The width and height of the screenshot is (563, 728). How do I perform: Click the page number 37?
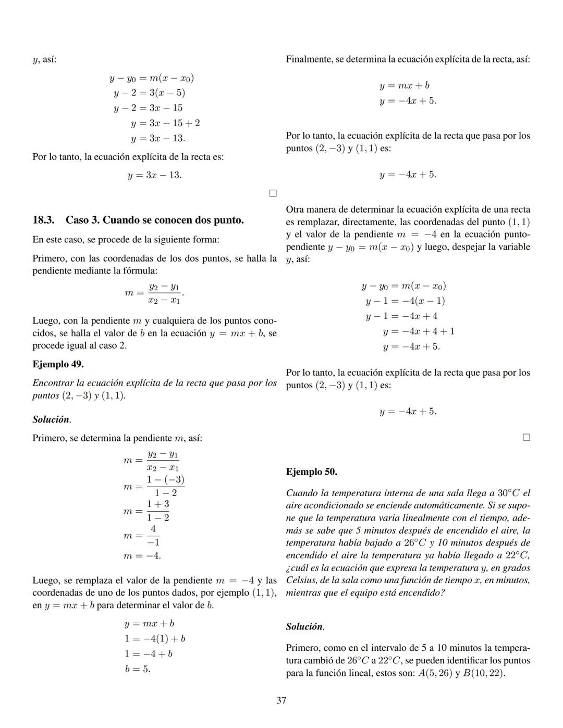coord(281,700)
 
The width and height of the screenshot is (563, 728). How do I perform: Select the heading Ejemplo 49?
coord(58,364)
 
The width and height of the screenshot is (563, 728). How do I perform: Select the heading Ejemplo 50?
coord(311,472)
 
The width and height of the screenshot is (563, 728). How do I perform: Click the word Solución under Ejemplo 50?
coord(304,626)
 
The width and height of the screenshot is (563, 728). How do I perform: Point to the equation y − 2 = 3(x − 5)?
coord(149,93)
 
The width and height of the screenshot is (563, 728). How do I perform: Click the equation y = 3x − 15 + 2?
coord(165,123)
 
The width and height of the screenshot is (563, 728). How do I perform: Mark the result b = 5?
coord(138,669)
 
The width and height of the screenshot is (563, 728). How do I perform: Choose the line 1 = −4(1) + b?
coord(154,638)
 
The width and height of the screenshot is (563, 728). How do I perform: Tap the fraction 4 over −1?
coord(153,535)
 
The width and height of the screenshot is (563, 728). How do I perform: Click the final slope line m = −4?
coord(142,556)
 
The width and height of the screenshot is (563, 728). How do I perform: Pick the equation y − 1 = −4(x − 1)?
coord(405,301)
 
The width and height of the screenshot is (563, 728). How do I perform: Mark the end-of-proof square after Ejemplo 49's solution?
coord(526,437)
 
